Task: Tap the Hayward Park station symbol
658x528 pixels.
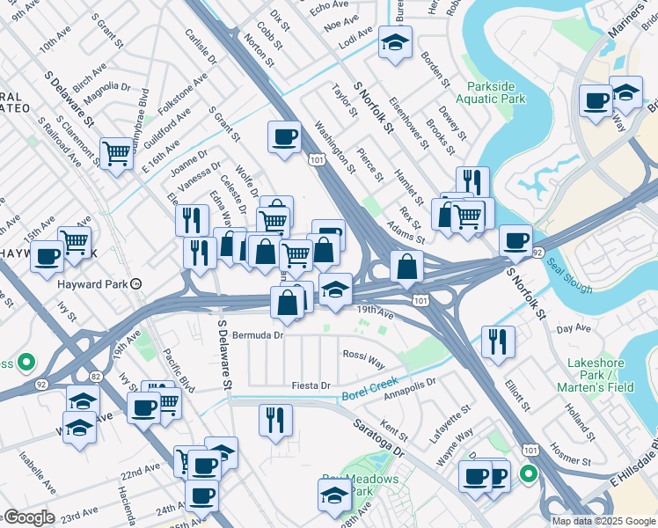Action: [136, 283]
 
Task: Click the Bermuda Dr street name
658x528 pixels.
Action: [258, 335]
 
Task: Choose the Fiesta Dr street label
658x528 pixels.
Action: [312, 385]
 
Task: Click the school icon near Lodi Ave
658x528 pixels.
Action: [395, 41]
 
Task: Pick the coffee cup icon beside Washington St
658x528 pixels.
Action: [285, 137]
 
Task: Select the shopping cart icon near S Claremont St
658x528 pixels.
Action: [116, 153]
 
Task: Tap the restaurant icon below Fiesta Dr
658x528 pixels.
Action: [275, 419]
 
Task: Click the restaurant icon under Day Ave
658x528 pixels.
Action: [498, 341]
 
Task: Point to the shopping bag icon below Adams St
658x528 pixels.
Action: [406, 266]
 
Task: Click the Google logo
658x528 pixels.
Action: [28, 517]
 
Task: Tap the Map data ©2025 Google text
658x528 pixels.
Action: [603, 521]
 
